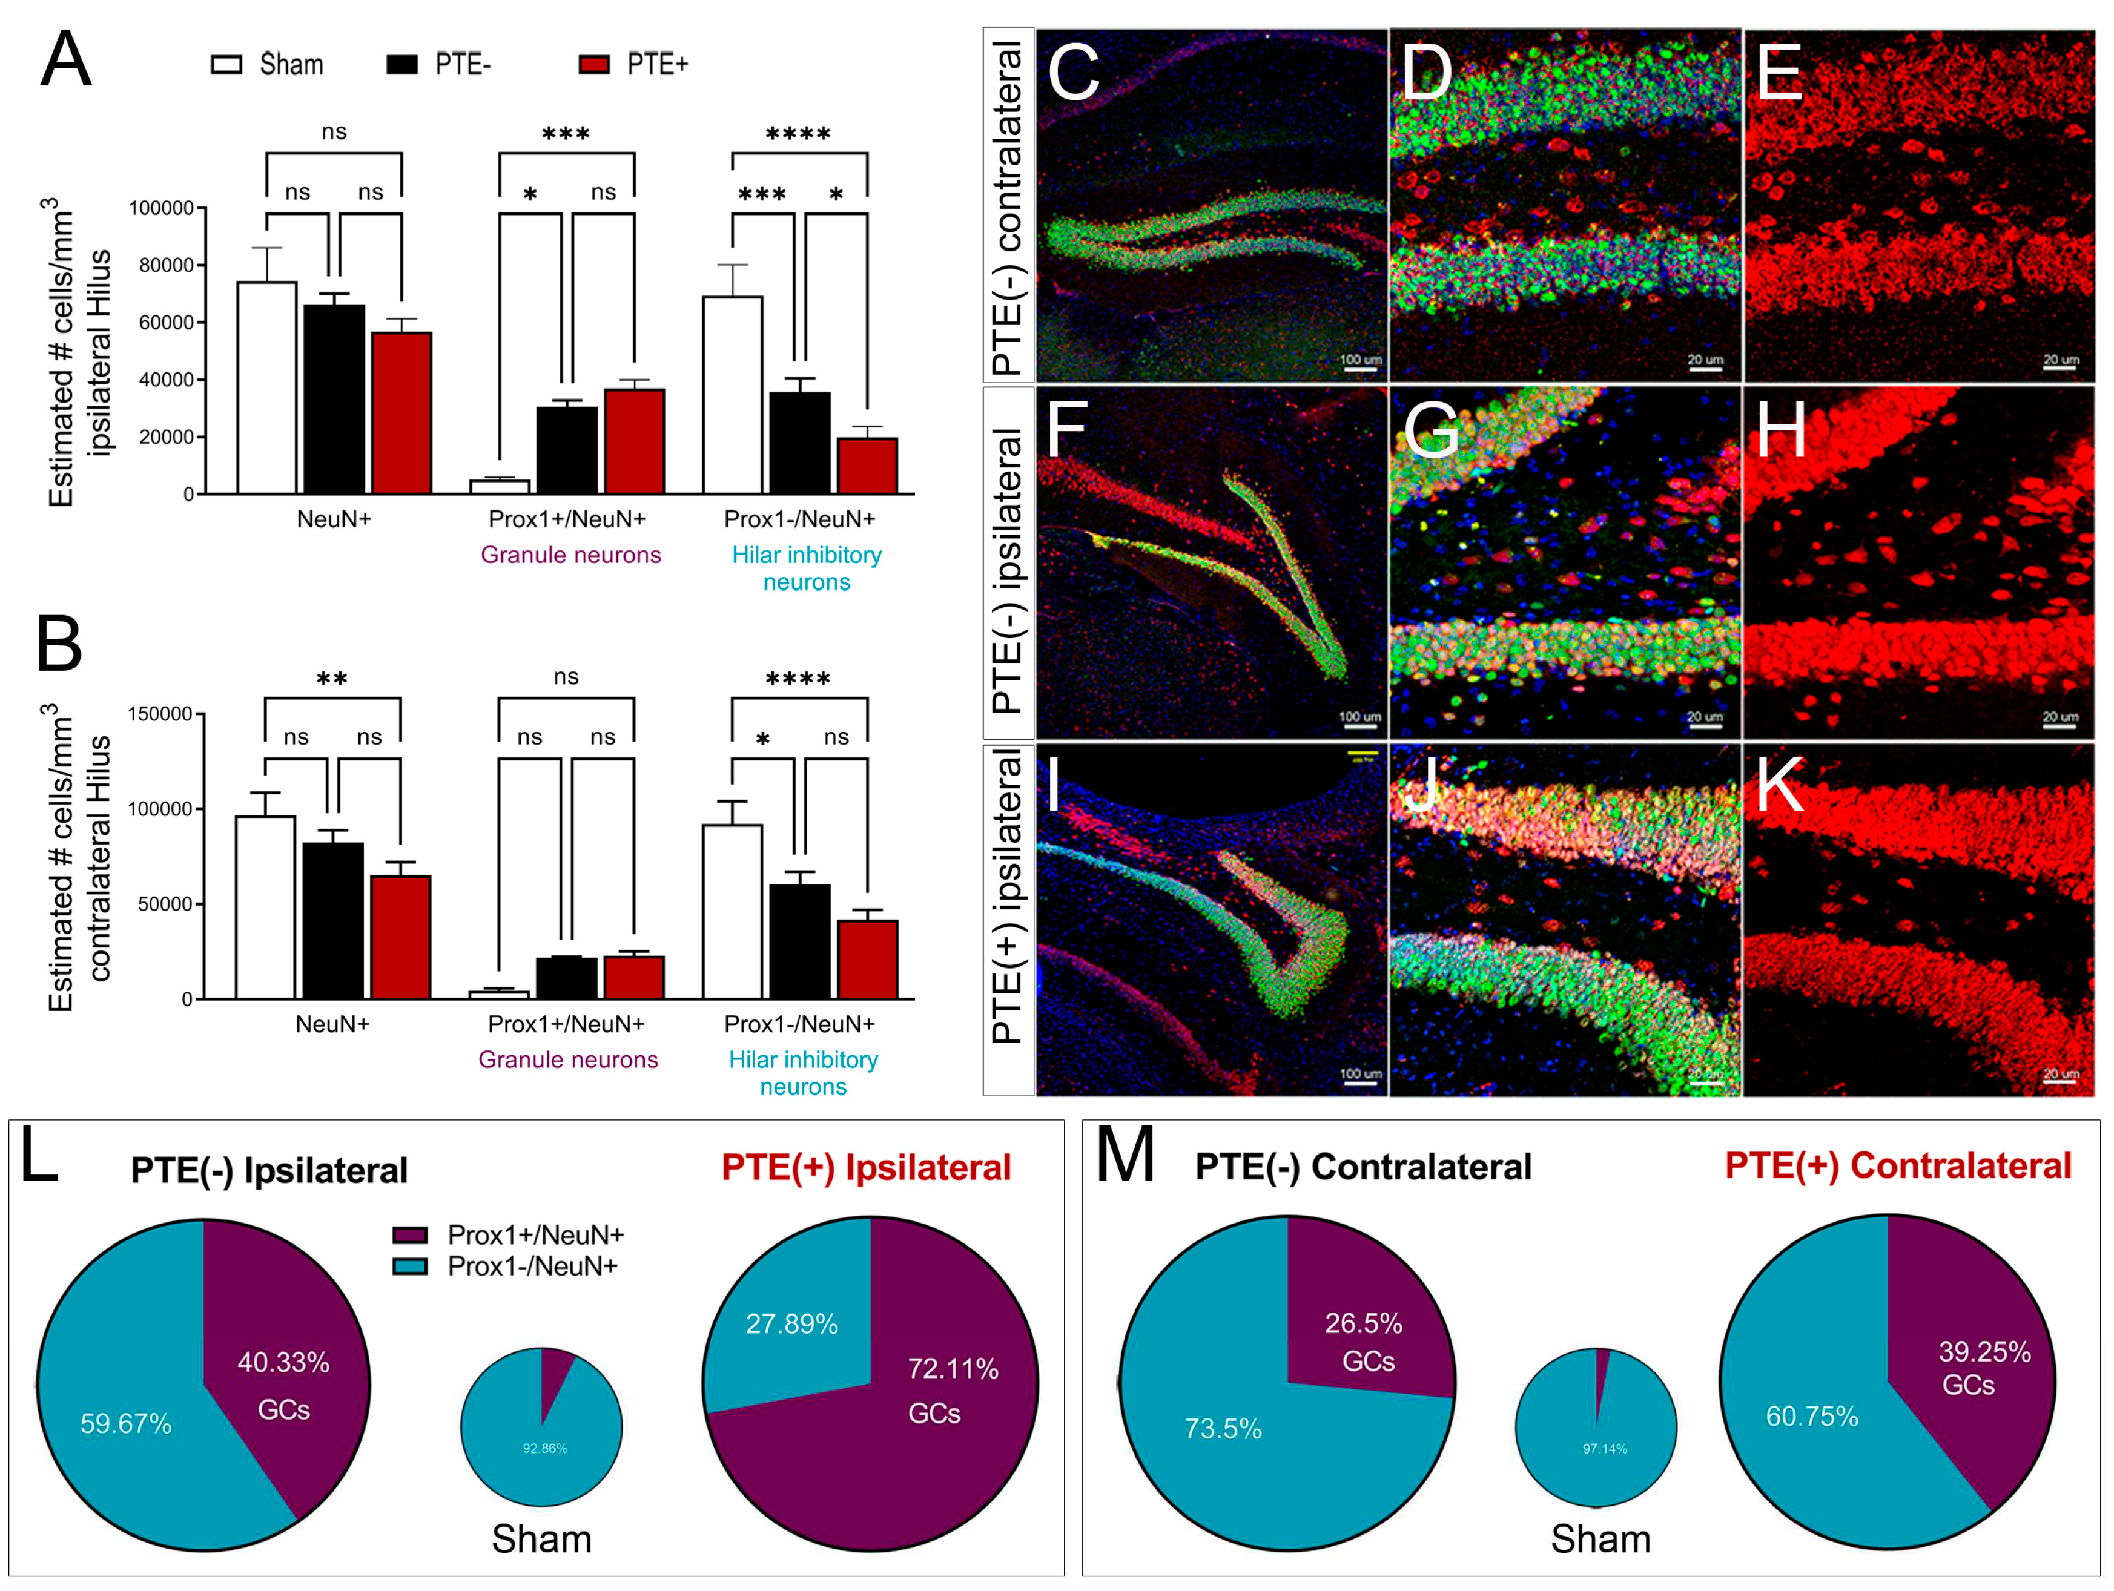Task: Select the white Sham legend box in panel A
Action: coord(226,64)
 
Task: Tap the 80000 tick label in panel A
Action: coord(167,266)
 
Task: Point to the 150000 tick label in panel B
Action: coord(160,714)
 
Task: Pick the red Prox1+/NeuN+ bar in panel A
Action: coord(633,441)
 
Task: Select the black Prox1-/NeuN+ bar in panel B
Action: coord(800,941)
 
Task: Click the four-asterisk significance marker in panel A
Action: coord(798,135)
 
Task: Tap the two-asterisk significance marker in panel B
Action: coord(332,680)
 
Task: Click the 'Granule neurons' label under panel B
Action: coord(567,1059)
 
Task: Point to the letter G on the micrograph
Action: coord(1431,430)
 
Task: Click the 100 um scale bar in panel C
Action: coord(1360,367)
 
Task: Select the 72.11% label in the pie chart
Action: coord(953,1369)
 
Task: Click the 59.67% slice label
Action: coord(125,1424)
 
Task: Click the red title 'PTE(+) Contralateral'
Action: coord(1897,1166)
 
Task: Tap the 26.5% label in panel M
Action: coord(1363,1323)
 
